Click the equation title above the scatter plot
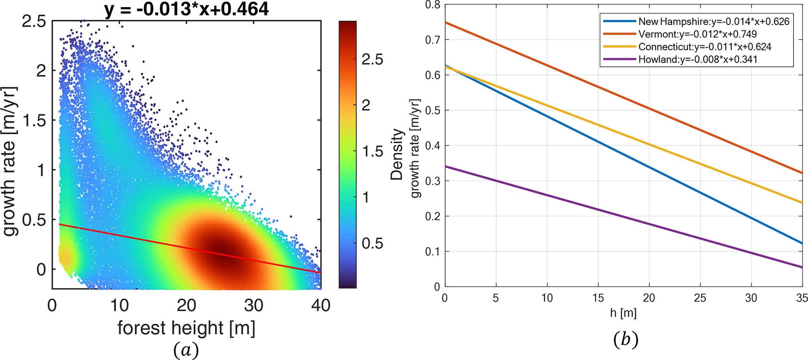click(186, 9)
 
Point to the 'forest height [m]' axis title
click(186, 328)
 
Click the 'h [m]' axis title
click(623, 313)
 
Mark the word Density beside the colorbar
click(397, 154)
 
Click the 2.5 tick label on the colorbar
click(372, 59)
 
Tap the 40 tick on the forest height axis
click(321, 305)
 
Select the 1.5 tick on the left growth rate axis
click(34, 120)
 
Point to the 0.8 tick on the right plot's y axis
click(432, 5)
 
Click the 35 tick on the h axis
click(802, 298)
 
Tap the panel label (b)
click(625, 339)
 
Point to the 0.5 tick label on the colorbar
click(372, 243)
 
